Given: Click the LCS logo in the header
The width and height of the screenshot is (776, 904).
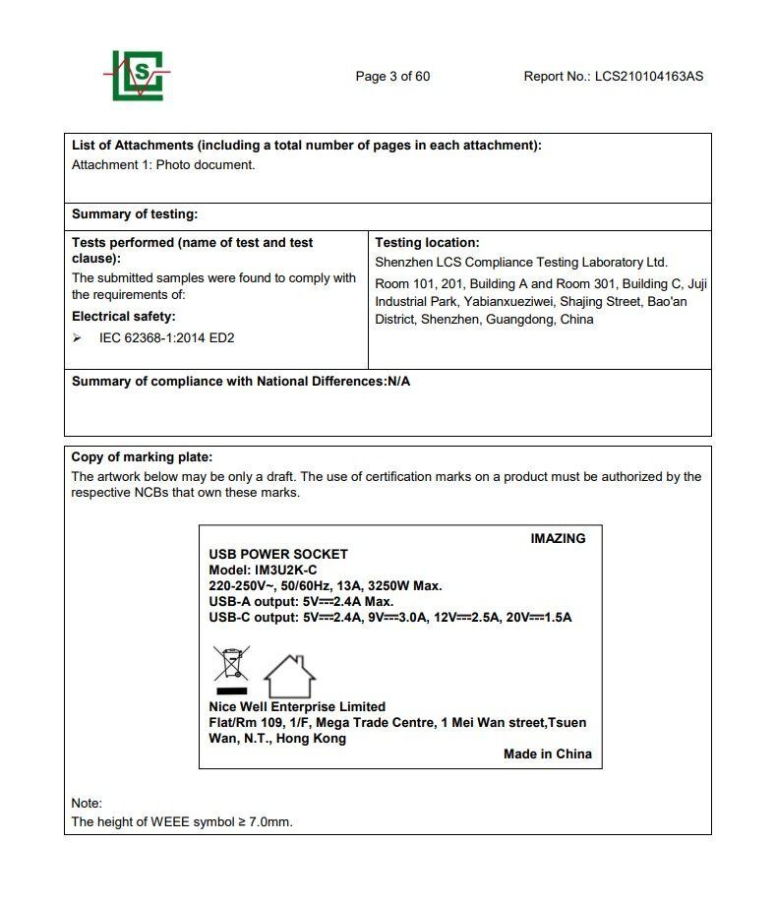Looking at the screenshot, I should click(137, 76).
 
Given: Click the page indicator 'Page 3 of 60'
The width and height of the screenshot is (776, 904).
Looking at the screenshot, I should click(392, 77).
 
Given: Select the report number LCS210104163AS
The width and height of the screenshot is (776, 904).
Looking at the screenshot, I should click(649, 77).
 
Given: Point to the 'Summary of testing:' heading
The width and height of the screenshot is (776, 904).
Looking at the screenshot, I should click(134, 213).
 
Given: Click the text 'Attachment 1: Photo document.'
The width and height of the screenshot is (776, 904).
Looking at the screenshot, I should click(163, 164).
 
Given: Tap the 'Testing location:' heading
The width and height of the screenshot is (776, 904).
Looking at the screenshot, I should click(427, 242).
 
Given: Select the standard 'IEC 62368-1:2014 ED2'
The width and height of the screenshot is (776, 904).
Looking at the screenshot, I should click(166, 337).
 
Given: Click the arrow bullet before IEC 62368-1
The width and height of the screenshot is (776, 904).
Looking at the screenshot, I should click(78, 337).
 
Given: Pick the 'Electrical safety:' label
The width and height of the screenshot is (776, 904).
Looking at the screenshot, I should click(124, 316).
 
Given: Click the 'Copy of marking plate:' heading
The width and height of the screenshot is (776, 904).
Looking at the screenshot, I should click(142, 456).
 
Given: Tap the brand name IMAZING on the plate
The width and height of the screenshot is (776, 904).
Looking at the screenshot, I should click(558, 538).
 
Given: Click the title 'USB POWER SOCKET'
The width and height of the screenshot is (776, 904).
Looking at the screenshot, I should click(278, 554).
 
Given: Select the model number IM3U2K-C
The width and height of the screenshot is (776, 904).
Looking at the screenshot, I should click(285, 570).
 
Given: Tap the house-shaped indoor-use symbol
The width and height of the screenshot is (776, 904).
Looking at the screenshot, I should click(290, 676).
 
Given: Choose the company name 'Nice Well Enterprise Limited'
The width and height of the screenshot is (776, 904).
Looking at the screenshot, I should click(297, 706).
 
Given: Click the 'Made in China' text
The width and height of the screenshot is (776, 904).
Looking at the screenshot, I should click(547, 753).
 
